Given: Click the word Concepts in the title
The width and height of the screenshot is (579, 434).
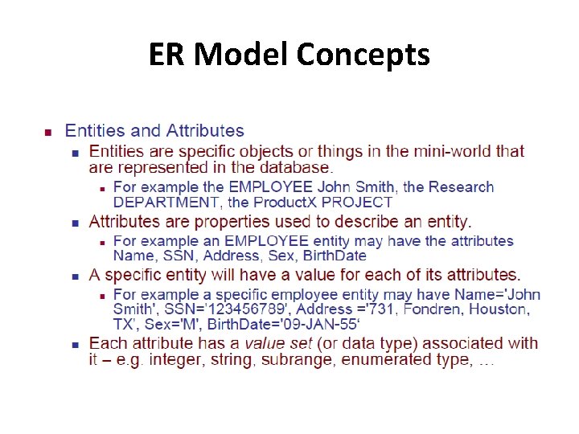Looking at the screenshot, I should pyautogui.click(x=363, y=55).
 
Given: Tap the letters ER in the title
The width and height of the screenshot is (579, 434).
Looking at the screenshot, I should pyautogui.click(x=168, y=55).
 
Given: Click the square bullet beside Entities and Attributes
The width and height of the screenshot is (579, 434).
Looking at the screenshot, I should pyautogui.click(x=47, y=131).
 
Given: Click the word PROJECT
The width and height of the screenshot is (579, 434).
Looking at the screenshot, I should pyautogui.click(x=360, y=203).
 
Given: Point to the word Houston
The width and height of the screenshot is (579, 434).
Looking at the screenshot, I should pyautogui.click(x=499, y=309).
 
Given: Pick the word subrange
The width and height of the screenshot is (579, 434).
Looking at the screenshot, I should pyautogui.click(x=302, y=359).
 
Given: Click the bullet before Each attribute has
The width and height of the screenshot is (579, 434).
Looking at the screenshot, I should pyautogui.click(x=74, y=344).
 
